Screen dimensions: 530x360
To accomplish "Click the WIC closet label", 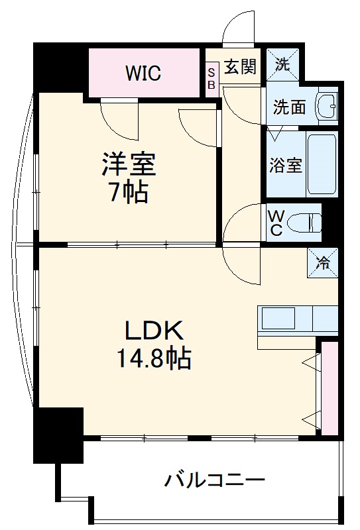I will [144, 72].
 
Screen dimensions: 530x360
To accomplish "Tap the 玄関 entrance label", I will [239, 67].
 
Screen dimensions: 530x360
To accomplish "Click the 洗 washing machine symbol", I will [283, 65].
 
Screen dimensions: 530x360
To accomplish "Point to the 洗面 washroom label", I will [290, 106].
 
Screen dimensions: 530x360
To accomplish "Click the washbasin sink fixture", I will [326, 105].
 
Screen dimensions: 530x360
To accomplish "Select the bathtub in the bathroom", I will [322, 164].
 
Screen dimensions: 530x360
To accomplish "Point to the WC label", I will [275, 224].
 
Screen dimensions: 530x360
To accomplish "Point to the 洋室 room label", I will [129, 164].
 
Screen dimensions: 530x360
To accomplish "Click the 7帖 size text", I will [129, 193].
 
